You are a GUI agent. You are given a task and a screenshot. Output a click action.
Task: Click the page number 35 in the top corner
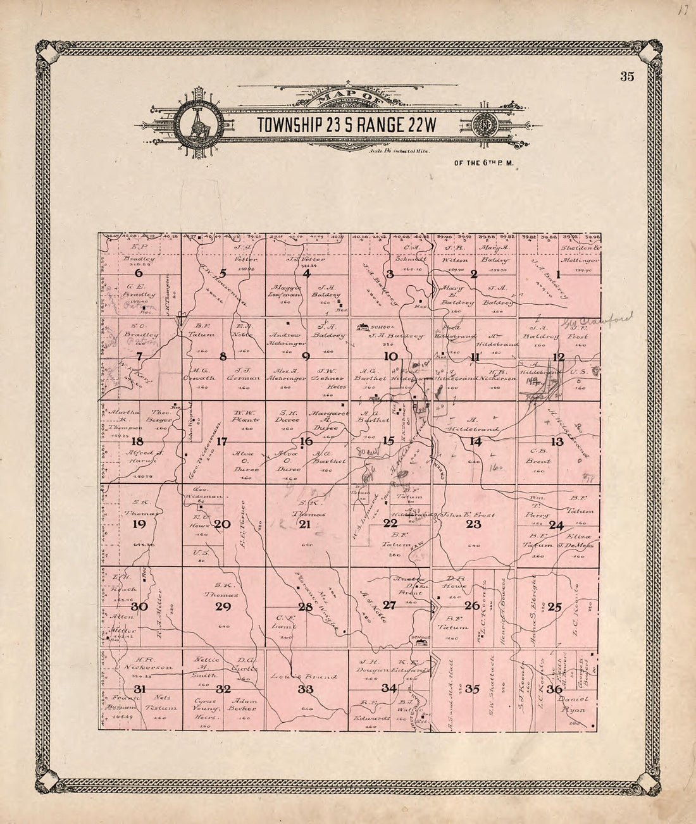tap(627, 77)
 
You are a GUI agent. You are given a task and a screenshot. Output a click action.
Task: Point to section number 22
tap(390, 524)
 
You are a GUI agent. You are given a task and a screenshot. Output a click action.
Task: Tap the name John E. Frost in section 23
tap(468, 515)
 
